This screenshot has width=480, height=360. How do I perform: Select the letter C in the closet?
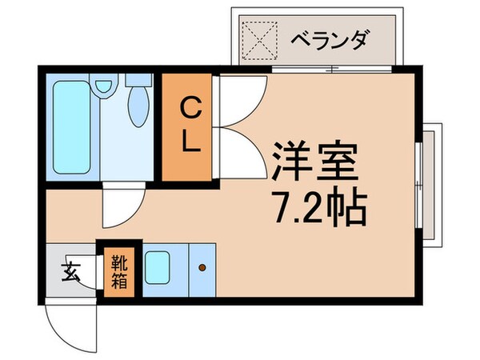tap(189, 106)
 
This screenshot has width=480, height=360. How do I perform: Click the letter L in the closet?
tap(190, 142)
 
